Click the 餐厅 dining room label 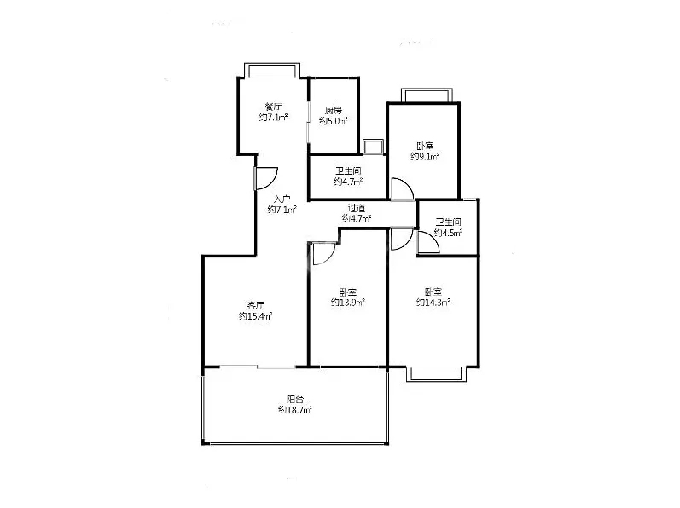pyautogui.click(x=274, y=106)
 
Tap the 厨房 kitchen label pyautogui.click(x=334, y=110)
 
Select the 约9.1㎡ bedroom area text pyautogui.click(x=425, y=156)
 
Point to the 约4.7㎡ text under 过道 pyautogui.click(x=357, y=218)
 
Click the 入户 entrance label pyautogui.click(x=282, y=199)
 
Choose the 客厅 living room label pyautogui.click(x=255, y=305)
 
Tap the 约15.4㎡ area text pyautogui.click(x=255, y=316)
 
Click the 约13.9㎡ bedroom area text pyautogui.click(x=348, y=303)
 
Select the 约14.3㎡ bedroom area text pyautogui.click(x=433, y=303)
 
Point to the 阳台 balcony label pyautogui.click(x=295, y=399)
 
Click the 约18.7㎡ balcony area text pyautogui.click(x=295, y=410)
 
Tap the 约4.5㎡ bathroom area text pyautogui.click(x=449, y=233)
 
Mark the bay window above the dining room pyautogui.click(x=272, y=71)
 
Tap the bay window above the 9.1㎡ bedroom pyautogui.click(x=427, y=95)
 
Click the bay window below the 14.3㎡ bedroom pyautogui.click(x=436, y=374)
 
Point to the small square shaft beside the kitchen pyautogui.click(x=373, y=147)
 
